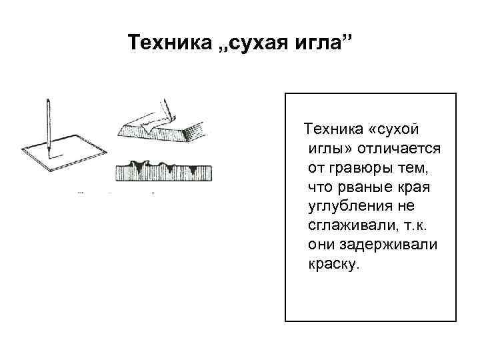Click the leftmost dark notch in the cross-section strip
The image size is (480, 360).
[139, 167]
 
